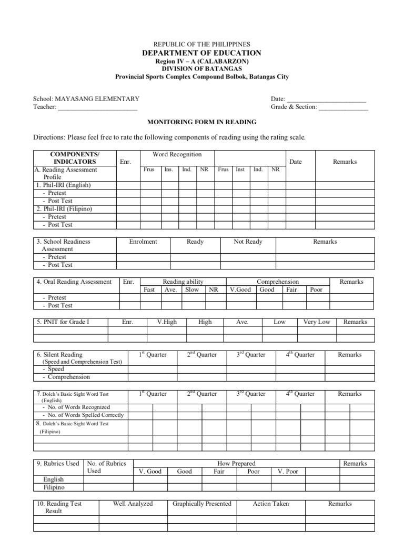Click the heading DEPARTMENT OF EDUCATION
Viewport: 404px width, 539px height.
coord(201,53)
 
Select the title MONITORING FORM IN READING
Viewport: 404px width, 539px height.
coord(201,122)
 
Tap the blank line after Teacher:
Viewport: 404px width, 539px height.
coord(97,107)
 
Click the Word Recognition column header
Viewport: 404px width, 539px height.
coord(177,154)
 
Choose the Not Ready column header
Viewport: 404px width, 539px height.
coord(248,242)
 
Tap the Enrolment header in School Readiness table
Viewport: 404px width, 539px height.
coord(143,242)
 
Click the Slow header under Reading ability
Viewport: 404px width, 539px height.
coord(192,290)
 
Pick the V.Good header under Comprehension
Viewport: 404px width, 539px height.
coord(240,290)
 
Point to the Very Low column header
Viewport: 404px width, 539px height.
coord(317,322)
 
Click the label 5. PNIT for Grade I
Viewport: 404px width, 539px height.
coord(63,322)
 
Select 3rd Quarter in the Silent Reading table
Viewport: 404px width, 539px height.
coord(251,354)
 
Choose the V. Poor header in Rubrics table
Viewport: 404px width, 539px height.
coord(288,471)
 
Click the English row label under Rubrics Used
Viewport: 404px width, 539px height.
coord(54,480)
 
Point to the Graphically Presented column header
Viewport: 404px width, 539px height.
coord(202,504)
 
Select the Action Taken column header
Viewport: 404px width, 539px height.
coord(271,504)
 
